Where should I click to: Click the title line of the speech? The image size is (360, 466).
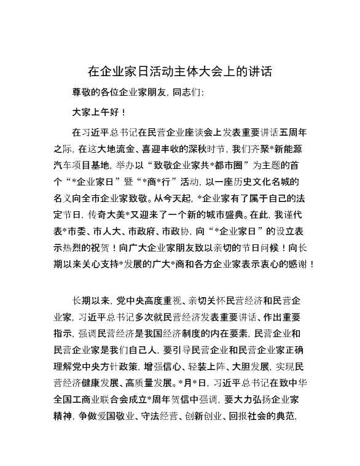tap(180, 71)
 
